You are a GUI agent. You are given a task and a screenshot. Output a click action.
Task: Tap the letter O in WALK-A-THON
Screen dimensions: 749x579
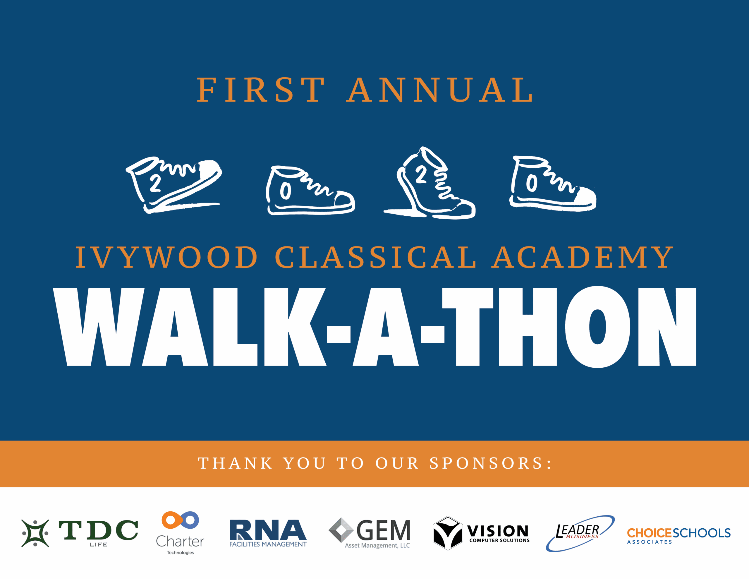click(597, 327)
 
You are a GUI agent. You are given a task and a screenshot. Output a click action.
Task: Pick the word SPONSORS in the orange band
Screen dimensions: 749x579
click(486, 463)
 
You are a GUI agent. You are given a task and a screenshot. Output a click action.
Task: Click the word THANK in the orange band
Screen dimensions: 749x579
click(235, 463)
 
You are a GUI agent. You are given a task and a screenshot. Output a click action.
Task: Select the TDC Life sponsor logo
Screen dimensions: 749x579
click(80, 533)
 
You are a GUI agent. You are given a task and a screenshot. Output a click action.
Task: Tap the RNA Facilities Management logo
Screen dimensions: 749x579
click(268, 533)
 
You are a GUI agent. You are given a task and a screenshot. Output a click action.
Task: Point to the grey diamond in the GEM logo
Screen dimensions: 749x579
click(341, 530)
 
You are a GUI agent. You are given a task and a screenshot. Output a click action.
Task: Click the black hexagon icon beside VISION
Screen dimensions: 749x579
click(448, 533)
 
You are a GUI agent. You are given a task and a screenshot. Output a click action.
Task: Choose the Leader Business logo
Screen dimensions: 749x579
click(580, 533)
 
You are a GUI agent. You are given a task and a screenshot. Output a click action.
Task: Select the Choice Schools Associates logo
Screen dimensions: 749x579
click(679, 535)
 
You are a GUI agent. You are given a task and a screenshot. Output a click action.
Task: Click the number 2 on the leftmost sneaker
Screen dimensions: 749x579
click(155, 183)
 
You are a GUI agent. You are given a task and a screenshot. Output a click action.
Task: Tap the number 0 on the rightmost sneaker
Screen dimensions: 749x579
click(532, 183)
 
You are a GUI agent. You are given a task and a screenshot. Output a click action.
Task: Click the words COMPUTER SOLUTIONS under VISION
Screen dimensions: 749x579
click(499, 540)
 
